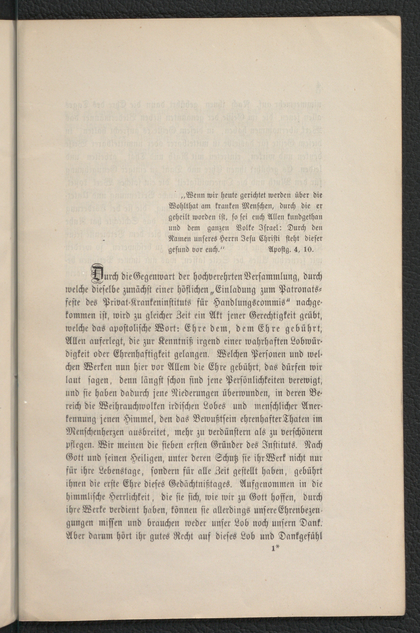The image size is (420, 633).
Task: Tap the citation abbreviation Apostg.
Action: (279, 249)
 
